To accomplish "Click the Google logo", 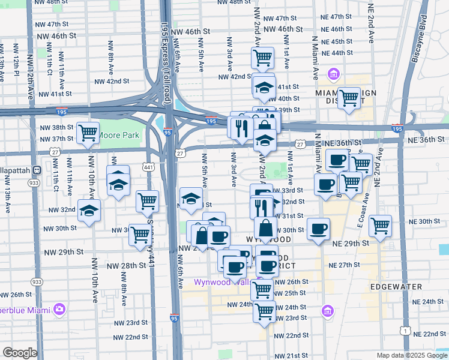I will click(20, 353).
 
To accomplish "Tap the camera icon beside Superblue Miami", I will click(59, 310).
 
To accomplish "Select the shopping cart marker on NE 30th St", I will click(380, 226).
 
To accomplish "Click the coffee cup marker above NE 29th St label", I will click(318, 229).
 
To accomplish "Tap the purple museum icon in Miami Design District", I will click(334, 75).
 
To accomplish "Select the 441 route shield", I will click(147, 166).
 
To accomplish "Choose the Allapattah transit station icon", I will click(37, 170).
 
